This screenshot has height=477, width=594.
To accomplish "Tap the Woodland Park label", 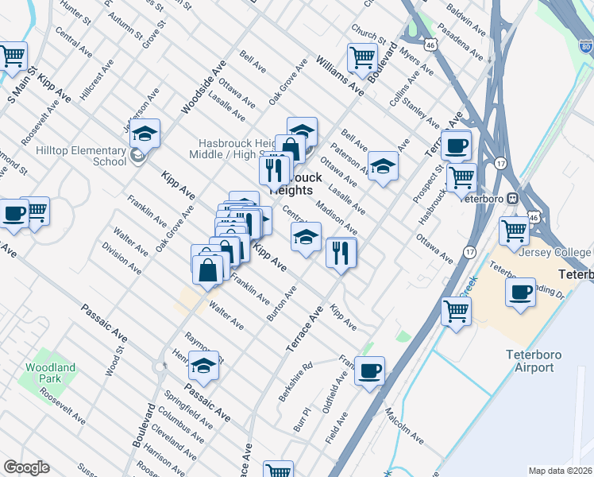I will [50, 373].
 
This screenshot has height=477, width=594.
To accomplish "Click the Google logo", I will [26, 467].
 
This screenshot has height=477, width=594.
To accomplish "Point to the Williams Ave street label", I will [339, 76].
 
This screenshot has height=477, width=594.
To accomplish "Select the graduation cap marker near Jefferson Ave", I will [145, 134].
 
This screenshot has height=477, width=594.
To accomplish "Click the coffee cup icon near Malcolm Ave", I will [369, 370].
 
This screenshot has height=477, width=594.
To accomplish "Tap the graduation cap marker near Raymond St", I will [203, 366].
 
